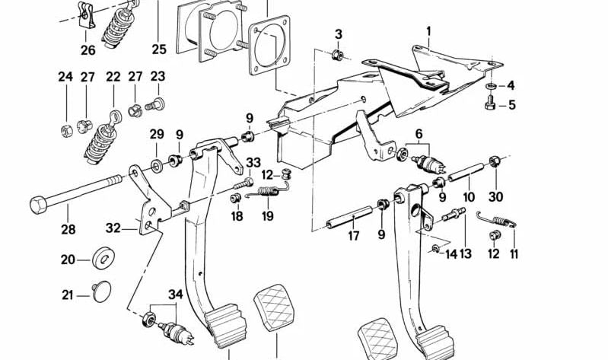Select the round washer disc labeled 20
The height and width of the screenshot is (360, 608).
pos(101,259)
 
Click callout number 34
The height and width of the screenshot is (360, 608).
pos(176,295)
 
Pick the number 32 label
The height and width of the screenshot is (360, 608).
pos(113,227)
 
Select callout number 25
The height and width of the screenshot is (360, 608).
pos(158,50)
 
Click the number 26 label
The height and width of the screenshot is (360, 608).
pos(88,50)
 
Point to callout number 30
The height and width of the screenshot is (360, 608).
pos(496,196)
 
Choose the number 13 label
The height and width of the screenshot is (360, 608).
pos(465,253)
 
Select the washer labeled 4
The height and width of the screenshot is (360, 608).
pos(490,85)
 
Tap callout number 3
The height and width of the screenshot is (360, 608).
pos(339,34)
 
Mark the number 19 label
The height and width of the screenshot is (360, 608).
pos(267,216)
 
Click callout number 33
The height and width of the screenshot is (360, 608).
pos(253,162)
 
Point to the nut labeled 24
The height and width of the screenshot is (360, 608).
pos(65,129)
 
